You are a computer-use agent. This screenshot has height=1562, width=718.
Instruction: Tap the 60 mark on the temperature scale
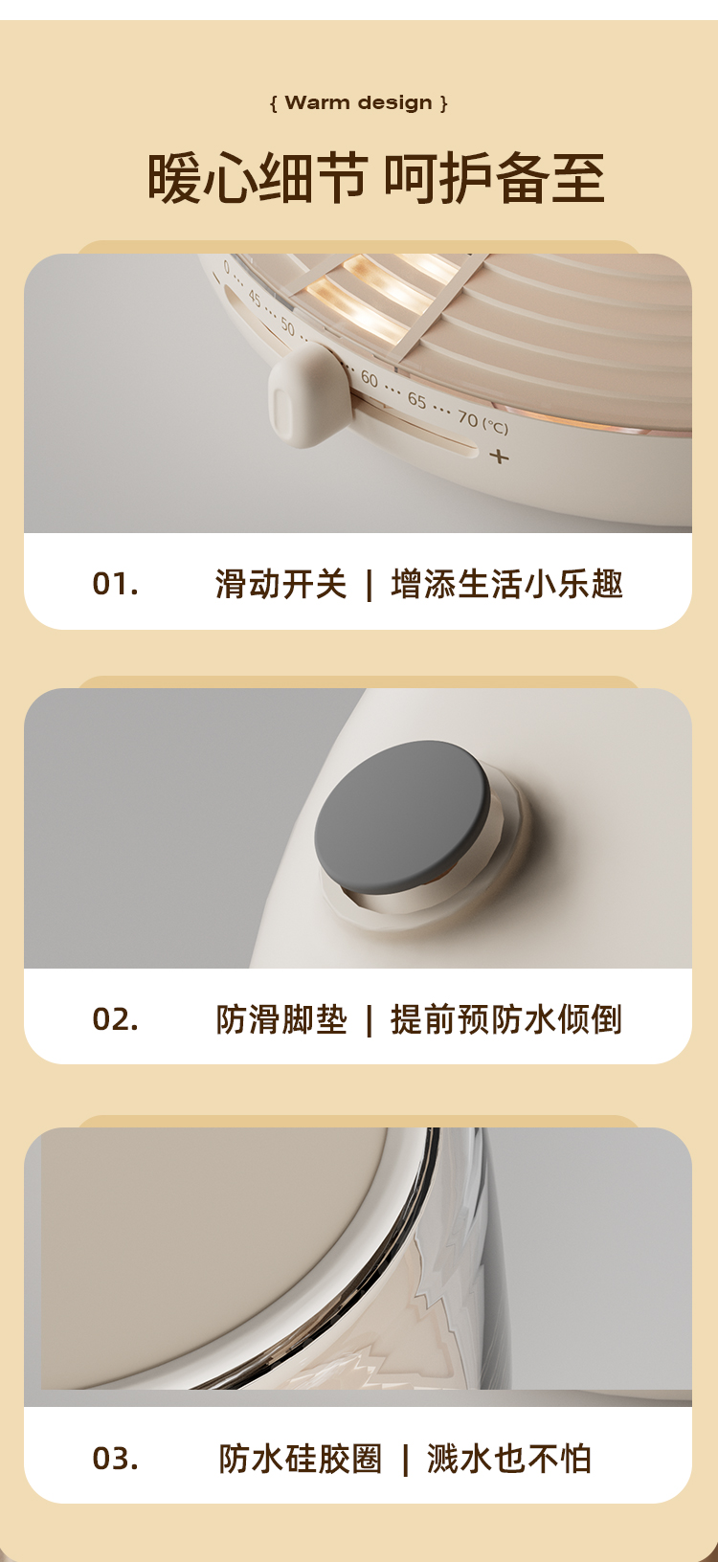(370, 379)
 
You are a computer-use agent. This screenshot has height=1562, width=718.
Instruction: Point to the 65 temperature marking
(416, 399)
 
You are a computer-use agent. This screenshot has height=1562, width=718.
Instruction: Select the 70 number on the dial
(467, 417)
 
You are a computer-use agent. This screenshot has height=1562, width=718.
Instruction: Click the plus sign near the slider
(499, 457)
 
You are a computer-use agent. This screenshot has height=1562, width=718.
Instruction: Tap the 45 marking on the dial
(254, 300)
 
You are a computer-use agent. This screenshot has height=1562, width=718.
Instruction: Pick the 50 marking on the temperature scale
(287, 325)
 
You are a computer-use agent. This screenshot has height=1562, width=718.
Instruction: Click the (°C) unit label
(495, 426)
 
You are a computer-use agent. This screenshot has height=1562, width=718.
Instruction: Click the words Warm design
(359, 102)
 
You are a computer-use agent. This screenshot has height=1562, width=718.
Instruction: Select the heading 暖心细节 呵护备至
(375, 178)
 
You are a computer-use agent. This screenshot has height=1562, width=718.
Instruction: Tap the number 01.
(115, 585)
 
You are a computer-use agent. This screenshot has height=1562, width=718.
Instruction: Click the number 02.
(115, 1019)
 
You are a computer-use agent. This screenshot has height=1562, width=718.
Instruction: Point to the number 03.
(115, 1458)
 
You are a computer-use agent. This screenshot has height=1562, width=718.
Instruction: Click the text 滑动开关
(280, 585)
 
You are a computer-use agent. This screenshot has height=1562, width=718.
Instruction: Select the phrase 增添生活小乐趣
(506, 585)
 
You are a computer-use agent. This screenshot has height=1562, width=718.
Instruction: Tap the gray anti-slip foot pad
(402, 815)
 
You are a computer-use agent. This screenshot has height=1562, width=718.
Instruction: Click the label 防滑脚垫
(280, 1019)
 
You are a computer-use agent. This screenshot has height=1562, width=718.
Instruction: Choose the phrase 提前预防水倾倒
(506, 1019)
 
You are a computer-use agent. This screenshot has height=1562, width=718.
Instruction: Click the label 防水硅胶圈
(300, 1459)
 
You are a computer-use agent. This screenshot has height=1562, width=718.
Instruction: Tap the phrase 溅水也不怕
(509, 1459)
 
